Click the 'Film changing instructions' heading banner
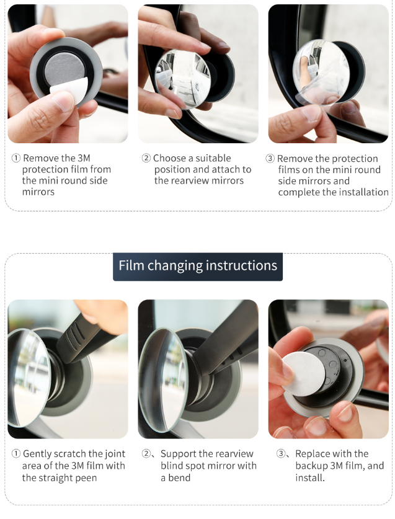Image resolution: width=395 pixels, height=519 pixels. (x=198, y=267)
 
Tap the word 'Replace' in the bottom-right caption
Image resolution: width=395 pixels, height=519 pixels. (x=311, y=453)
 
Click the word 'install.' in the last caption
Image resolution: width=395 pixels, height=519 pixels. (x=310, y=478)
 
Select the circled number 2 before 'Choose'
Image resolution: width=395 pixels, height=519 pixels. (x=146, y=158)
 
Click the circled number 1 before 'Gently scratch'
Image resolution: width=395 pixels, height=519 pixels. (x=16, y=453)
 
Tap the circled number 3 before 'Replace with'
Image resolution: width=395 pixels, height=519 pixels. (x=280, y=453)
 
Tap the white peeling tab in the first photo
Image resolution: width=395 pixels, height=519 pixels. (x=69, y=87)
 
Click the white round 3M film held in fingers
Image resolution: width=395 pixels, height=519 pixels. (x=303, y=374)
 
